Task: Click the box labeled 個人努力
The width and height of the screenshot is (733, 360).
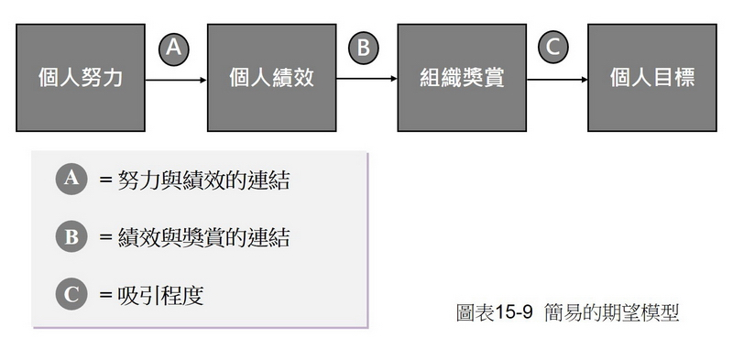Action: click(x=81, y=78)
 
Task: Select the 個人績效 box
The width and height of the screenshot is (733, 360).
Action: click(x=271, y=78)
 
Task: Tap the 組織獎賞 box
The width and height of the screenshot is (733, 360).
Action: click(x=462, y=78)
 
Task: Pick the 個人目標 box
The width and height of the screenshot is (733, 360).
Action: click(x=651, y=78)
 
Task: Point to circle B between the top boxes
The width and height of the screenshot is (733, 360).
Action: click(x=364, y=48)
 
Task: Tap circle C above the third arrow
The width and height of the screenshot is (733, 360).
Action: click(x=553, y=48)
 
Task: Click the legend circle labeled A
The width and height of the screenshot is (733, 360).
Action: click(x=71, y=180)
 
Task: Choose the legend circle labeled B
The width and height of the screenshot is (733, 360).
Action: click(x=71, y=237)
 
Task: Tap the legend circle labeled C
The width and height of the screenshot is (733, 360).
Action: click(x=71, y=295)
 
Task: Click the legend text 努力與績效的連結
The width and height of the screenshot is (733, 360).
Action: click(x=203, y=180)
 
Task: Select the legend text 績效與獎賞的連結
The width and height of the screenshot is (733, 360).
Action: click(x=203, y=238)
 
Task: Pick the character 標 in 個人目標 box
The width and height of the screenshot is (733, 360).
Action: click(x=684, y=78)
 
